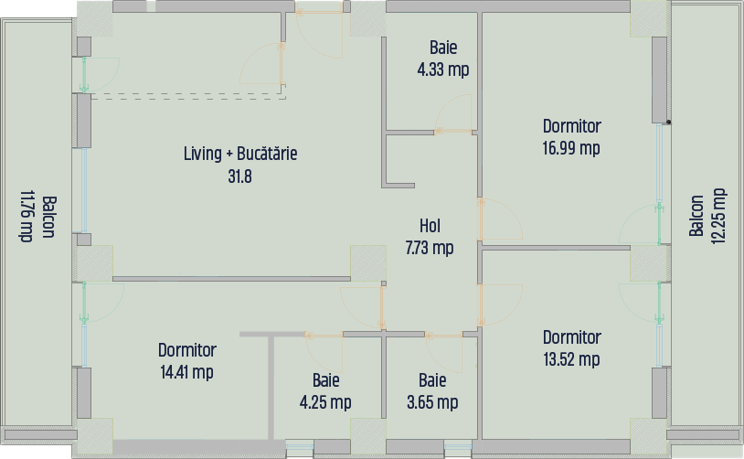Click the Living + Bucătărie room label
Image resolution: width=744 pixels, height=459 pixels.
pos(240,154)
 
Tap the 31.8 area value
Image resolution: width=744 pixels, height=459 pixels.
pos(240,176)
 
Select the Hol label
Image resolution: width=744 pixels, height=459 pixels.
pos(430,226)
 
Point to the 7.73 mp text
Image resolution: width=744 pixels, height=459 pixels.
pos(430,247)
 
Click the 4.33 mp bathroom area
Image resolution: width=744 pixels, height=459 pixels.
pos(443,69)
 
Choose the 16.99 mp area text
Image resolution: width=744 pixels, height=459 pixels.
pos(571,148)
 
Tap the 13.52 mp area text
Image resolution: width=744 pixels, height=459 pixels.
pos(571,359)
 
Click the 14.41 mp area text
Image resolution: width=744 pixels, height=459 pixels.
pos(187,372)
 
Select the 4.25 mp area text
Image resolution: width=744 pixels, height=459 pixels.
pos(325,402)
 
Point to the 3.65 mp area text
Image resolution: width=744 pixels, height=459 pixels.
pos(432,402)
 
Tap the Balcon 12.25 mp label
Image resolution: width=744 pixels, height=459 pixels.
pos(707,216)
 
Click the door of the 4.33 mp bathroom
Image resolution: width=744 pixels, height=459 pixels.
pos(453,114)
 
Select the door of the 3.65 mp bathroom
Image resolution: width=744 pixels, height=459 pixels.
pos(444,354)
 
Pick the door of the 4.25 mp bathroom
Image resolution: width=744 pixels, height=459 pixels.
pos(324,354)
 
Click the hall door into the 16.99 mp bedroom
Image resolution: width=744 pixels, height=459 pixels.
pos(500,219)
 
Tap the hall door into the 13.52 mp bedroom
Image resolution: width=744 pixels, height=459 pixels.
pos(500,305)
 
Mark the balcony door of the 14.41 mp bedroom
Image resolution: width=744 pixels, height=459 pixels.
pos(102,303)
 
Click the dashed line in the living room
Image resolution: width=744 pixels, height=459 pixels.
pos(188,99)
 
